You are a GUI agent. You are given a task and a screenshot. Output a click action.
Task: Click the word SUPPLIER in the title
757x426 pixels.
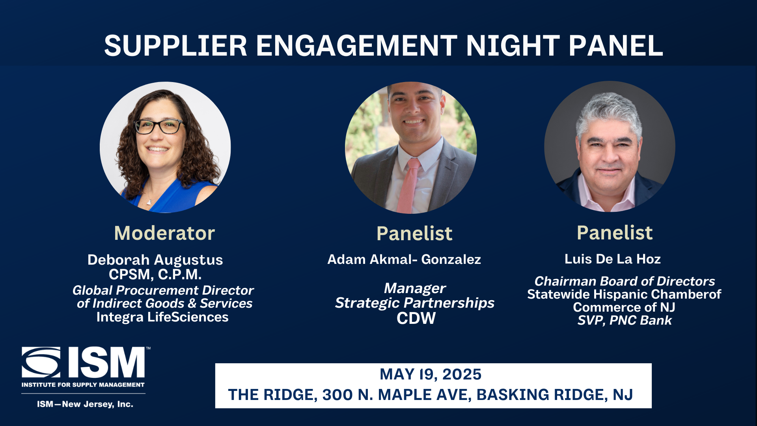[x=175, y=46]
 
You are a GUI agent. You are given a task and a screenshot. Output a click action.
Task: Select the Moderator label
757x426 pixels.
[x=164, y=233]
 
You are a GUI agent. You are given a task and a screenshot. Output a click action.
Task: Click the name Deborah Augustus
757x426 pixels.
[x=155, y=260]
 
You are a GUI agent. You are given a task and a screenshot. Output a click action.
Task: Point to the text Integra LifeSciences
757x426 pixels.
[x=162, y=317]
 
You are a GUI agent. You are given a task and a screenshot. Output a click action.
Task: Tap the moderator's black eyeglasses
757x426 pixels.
[x=159, y=126]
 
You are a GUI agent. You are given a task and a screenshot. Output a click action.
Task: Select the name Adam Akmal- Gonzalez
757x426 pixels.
[x=404, y=259]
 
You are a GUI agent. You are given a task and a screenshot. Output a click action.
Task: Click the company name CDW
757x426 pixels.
[x=416, y=318]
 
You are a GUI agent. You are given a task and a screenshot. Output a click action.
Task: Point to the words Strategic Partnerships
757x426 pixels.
[x=415, y=303]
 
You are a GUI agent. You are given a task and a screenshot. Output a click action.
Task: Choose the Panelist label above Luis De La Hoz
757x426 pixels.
[x=615, y=232]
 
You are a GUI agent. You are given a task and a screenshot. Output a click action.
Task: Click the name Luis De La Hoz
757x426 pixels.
[x=613, y=259]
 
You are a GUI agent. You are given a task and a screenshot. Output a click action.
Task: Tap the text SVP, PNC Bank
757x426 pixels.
[x=625, y=320]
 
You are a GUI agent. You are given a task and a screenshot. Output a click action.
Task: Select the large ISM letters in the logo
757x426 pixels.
[x=106, y=362]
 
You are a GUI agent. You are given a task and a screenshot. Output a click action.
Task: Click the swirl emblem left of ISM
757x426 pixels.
[x=41, y=362]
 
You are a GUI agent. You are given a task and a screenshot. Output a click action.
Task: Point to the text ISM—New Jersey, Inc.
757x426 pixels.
[x=85, y=404]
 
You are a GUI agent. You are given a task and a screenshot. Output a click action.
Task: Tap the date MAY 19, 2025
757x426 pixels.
[x=431, y=374]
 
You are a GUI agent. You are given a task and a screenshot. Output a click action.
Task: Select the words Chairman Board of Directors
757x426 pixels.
[x=625, y=281]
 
